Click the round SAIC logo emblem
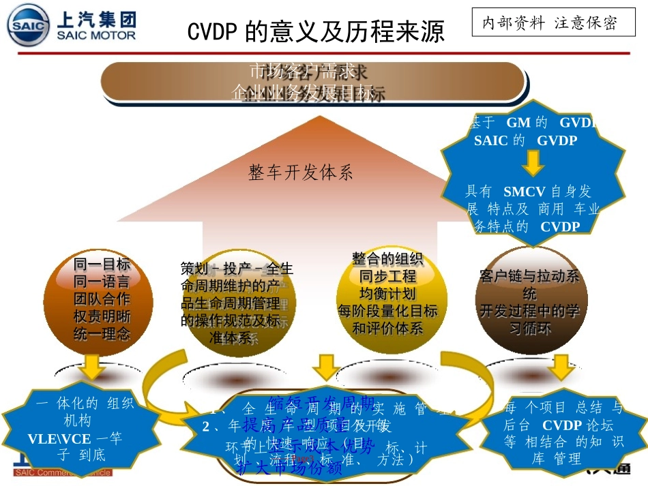tap(29, 25)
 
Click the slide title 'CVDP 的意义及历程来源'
tap(316, 31)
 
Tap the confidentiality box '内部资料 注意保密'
tap(549, 23)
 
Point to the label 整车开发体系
tap(301, 172)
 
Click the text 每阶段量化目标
tap(387, 311)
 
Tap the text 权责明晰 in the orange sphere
tap(102, 316)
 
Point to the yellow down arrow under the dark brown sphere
tap(561, 365)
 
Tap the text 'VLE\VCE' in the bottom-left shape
tap(60, 438)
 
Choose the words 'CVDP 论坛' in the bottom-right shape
tap(572, 425)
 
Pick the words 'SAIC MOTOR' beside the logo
tap(96, 35)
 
